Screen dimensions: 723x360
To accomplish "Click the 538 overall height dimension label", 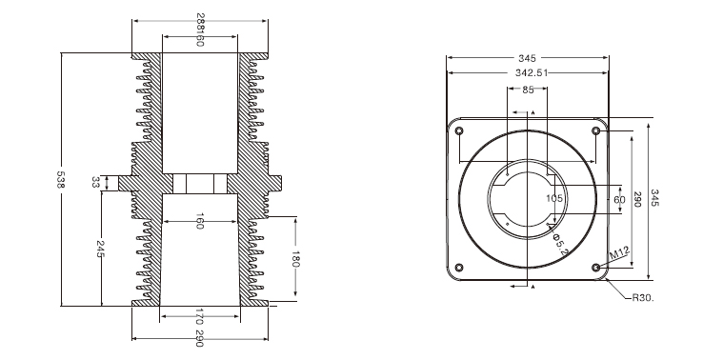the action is pyautogui.click(x=60, y=179).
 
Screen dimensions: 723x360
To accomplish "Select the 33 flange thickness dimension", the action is pyautogui.click(x=96, y=183).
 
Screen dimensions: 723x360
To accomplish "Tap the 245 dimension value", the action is pyautogui.click(x=100, y=249).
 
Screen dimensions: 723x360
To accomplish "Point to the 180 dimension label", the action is pyautogui.click(x=295, y=259).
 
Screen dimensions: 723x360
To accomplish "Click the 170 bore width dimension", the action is pyautogui.click(x=199, y=317).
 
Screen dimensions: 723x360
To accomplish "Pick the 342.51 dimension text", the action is pyautogui.click(x=532, y=72).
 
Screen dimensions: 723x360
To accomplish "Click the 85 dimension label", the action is pyautogui.click(x=528, y=90).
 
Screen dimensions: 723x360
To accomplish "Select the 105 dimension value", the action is pyautogui.click(x=554, y=199).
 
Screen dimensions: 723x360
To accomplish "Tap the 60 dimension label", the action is pyautogui.click(x=619, y=200).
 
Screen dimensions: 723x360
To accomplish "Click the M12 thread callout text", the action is pyautogui.click(x=619, y=253).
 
